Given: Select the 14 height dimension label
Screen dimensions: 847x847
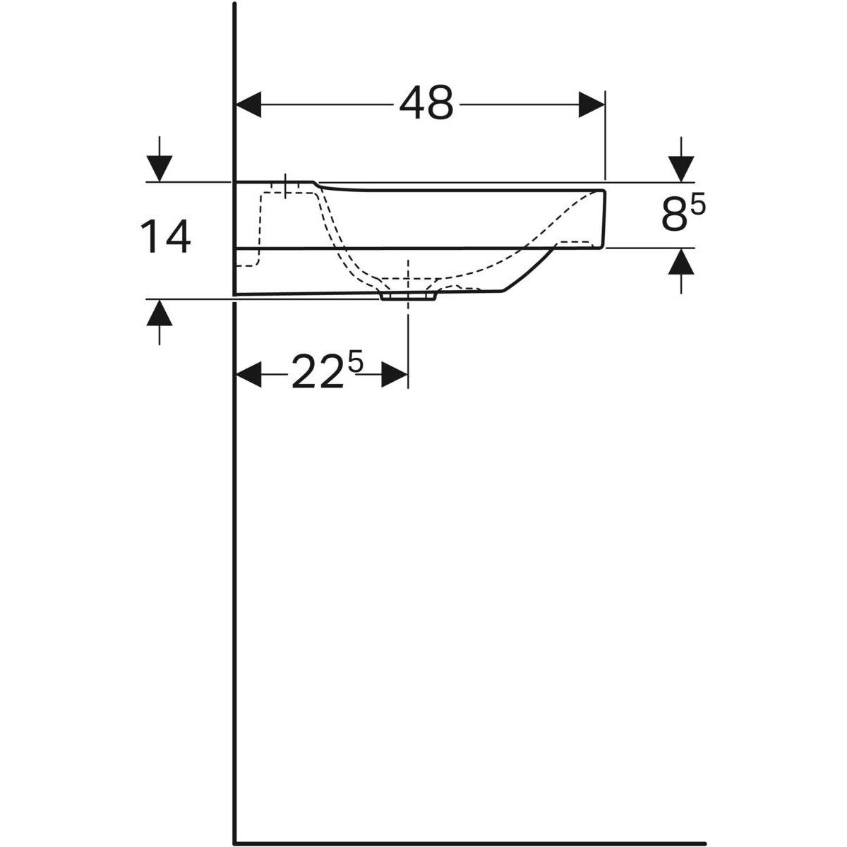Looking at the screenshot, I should pyautogui.click(x=166, y=237).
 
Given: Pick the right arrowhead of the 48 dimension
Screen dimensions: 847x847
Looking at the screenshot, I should pyautogui.click(x=591, y=104).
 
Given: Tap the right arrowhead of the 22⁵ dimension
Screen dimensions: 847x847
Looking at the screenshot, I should pyautogui.click(x=395, y=374).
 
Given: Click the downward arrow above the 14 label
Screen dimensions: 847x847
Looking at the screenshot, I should pyautogui.click(x=160, y=168).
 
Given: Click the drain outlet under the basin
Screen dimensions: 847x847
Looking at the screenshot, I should pyautogui.click(x=408, y=296).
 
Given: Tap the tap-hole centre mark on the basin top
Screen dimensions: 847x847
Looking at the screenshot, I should pyautogui.click(x=285, y=185).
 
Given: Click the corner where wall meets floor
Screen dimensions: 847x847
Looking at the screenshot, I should pyautogui.click(x=234, y=841).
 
